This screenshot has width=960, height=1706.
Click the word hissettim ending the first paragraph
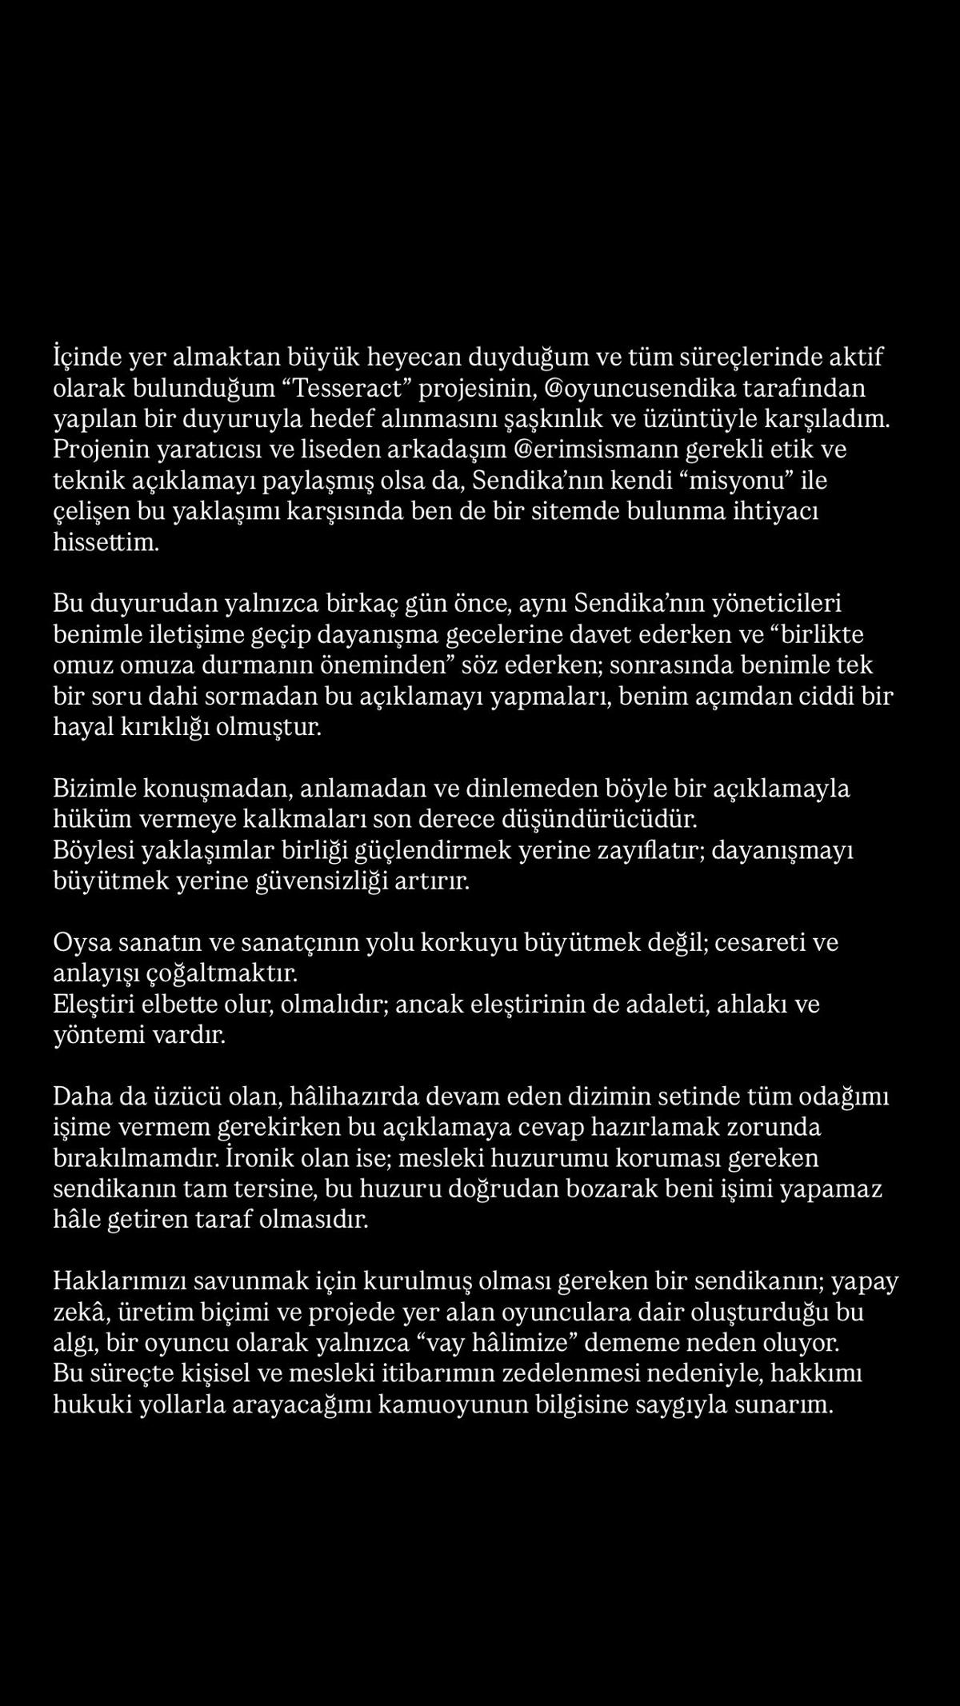coord(106,542)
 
